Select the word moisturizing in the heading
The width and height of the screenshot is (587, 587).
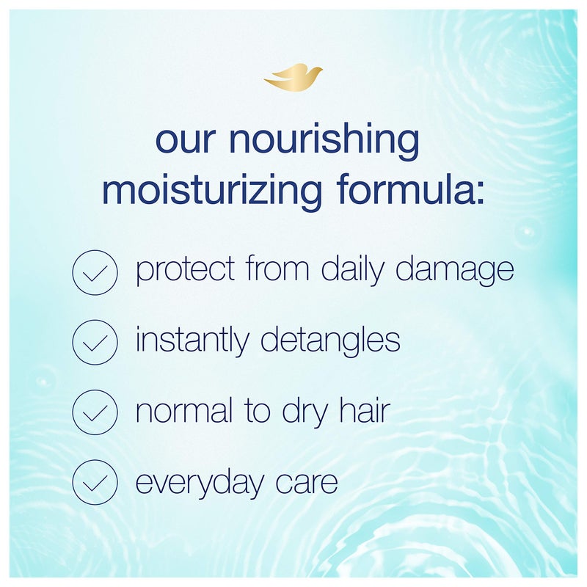point(212,190)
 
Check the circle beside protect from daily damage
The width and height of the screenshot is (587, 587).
point(95,272)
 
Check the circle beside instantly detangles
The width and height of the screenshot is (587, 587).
point(95,343)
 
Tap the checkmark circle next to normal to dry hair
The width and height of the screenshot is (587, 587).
point(95,413)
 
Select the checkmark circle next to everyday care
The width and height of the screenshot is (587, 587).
point(95,483)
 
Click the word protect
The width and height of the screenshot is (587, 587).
point(186,271)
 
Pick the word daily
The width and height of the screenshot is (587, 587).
point(355,271)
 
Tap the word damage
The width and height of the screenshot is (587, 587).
point(456,271)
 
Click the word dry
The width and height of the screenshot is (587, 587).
point(303,412)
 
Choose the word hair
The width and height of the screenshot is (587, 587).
point(362,411)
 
